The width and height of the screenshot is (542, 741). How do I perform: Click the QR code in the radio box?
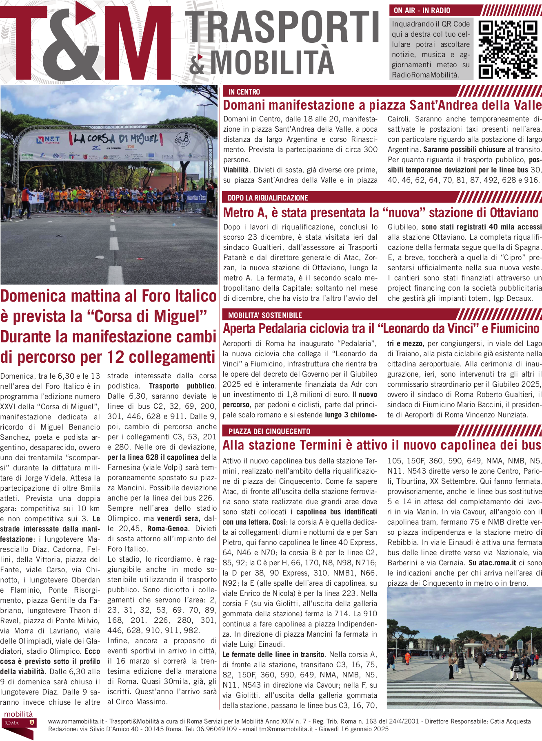point(508,49)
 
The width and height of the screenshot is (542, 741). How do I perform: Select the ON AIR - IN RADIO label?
point(422,11)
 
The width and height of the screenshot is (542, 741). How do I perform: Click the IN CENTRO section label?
point(244,92)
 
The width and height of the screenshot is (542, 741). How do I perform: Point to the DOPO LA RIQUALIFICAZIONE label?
point(268,198)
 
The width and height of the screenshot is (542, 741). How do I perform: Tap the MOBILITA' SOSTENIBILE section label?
point(265,315)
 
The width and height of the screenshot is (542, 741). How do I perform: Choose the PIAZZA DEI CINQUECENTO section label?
point(269,431)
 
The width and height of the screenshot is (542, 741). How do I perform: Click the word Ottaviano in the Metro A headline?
point(514,213)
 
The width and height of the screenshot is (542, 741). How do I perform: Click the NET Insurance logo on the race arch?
point(48,140)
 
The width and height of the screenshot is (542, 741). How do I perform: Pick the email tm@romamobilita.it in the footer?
point(286,729)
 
